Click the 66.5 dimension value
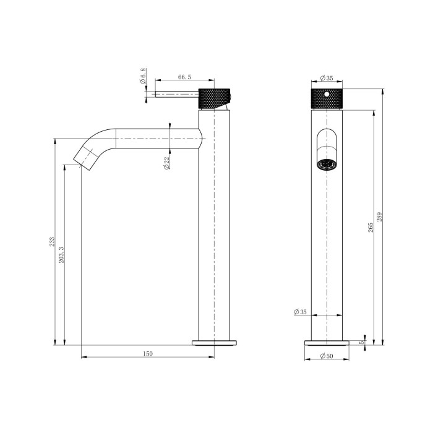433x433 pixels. click(x=184, y=77)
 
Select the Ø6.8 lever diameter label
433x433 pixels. click(x=143, y=79)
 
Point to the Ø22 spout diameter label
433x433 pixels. click(x=167, y=164)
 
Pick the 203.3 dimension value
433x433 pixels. click(x=61, y=253)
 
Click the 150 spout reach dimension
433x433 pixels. click(x=147, y=354)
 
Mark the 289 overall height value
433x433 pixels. click(x=380, y=216)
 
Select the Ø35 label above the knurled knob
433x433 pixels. click(x=326, y=79)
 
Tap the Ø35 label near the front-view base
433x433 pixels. click(x=300, y=312)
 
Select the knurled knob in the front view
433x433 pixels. click(x=325, y=98)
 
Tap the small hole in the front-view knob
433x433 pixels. click(x=325, y=95)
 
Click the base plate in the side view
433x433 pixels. click(x=214, y=341)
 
